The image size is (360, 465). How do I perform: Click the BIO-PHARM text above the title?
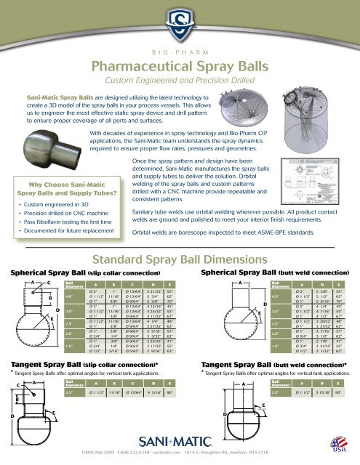click(180, 53)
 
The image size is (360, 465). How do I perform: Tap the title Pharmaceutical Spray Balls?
click(180, 68)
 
